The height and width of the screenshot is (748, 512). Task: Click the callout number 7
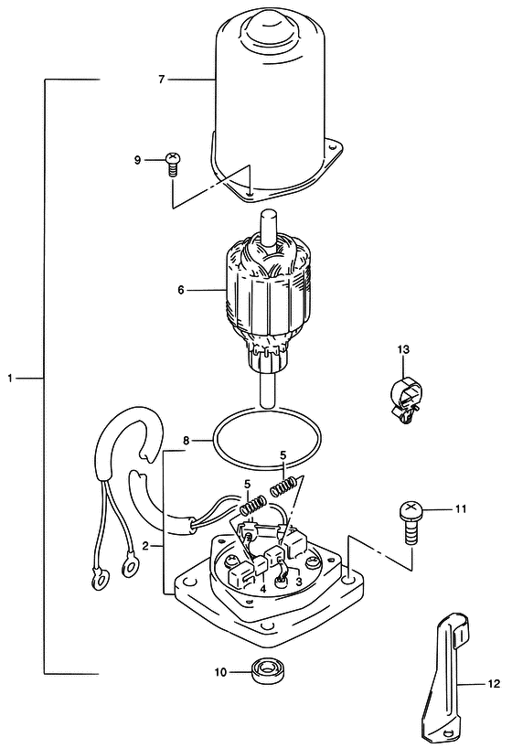pos(161,80)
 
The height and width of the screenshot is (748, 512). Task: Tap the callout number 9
pos(137,160)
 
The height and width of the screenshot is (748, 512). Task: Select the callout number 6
pos(181,290)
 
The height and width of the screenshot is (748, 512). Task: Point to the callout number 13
pos(403,349)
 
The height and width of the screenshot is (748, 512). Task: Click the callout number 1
pos(10,379)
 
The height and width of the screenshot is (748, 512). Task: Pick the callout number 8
pos(187,441)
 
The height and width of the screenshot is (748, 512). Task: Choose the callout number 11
pos(460,509)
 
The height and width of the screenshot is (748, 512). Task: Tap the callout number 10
pos(220,673)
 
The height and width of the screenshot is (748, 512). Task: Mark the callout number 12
pos(494,684)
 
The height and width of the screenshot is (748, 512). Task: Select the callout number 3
pos(299,582)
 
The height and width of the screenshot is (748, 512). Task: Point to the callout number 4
pos(263,589)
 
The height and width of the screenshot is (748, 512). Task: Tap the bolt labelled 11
pos(411,522)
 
